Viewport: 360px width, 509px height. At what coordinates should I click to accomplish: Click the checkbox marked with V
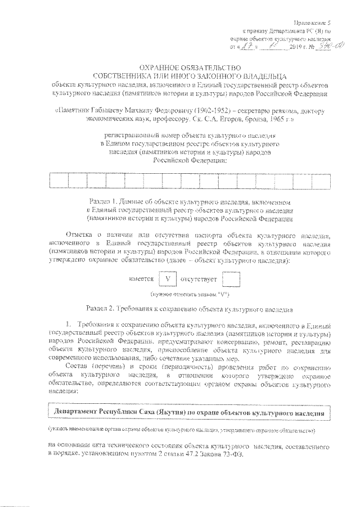[x=167, y=278]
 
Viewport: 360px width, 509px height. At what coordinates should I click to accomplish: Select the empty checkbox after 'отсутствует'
[x=231, y=278]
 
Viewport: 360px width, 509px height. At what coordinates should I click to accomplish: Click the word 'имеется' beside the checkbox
[x=141, y=279]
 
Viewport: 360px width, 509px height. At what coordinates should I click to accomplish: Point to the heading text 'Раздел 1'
[x=105, y=201]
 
